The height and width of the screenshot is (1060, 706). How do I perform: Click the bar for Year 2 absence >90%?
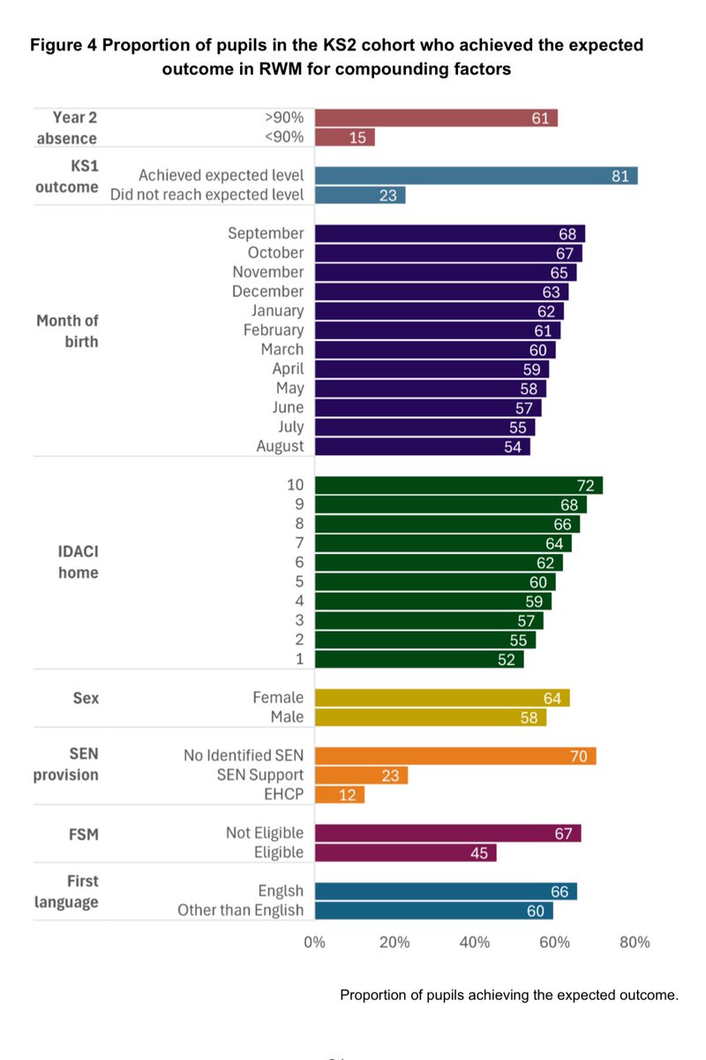pyautogui.click(x=436, y=118)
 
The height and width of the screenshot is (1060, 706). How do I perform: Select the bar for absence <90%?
pyautogui.click(x=344, y=138)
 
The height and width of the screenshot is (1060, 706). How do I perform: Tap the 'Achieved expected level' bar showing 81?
pyautogui.click(x=476, y=176)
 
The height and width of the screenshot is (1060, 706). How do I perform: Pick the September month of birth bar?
pyautogui.click(x=449, y=234)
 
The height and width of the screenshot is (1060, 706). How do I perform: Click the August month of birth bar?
pyautogui.click(x=422, y=447)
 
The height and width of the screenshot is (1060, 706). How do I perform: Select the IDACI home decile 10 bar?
pyautogui.click(x=458, y=485)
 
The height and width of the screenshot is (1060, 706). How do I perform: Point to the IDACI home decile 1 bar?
pyautogui.click(x=418, y=660)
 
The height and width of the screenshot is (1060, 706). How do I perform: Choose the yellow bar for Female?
pyautogui.click(x=441, y=699)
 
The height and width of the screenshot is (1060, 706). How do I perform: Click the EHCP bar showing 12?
pyautogui.click(x=339, y=795)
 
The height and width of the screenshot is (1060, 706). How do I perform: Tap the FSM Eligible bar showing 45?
pyautogui.click(x=405, y=852)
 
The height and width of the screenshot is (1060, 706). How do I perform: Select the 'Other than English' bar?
pyautogui.click(x=433, y=911)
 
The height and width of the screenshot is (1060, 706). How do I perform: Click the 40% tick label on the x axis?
pyautogui.click(x=474, y=943)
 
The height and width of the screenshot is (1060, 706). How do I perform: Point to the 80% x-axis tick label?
pyautogui.click(x=635, y=943)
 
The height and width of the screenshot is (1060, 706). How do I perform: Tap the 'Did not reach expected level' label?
pyautogui.click(x=207, y=194)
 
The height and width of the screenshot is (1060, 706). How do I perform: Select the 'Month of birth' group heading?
pyautogui.click(x=67, y=331)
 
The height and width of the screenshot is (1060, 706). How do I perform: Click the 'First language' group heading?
pyautogui.click(x=67, y=891)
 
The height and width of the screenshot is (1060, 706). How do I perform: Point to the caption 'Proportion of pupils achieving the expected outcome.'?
pyautogui.click(x=508, y=995)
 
